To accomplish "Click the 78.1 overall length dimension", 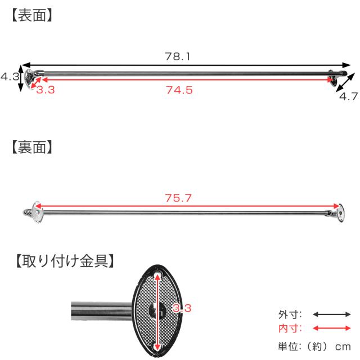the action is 178,56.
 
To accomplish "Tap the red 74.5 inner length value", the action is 179,90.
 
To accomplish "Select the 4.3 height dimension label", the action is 10,76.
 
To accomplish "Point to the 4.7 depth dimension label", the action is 349,96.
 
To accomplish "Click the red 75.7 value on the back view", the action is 178,198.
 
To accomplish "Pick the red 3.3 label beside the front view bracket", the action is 46,90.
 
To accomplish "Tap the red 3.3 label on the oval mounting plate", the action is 182,308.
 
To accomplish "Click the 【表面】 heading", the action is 31,15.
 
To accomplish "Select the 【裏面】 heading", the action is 31,147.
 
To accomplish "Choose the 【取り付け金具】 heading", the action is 65,261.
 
